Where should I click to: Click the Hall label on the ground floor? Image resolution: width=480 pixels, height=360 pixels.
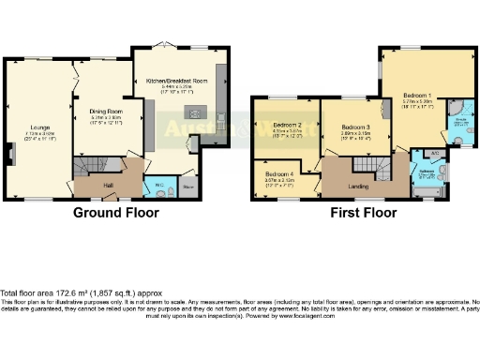[x=109, y=186]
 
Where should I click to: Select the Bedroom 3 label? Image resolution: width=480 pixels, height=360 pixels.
[x=355, y=127]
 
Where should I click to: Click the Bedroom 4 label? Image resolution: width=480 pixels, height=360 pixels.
[x=278, y=174]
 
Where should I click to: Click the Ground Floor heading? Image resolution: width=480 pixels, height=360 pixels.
[x=114, y=213]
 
